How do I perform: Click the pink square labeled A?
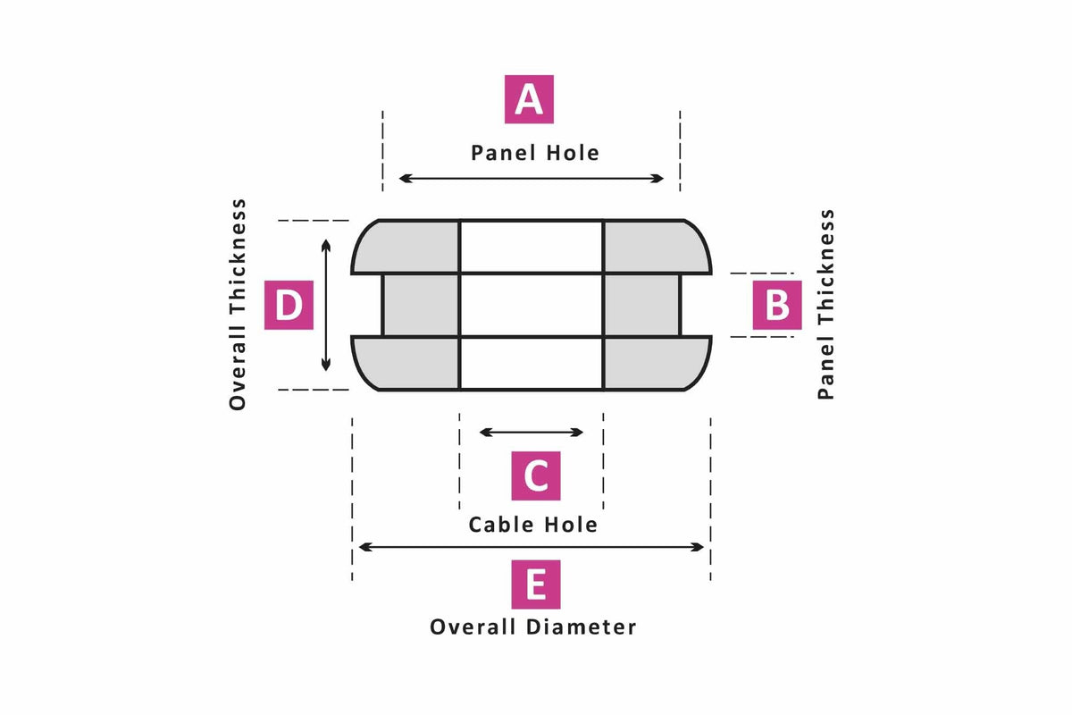tap(529, 99)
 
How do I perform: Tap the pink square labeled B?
tap(776, 305)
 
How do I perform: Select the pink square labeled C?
tap(535, 475)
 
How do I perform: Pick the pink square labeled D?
tap(289, 305)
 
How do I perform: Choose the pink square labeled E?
tap(535, 585)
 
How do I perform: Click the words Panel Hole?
tap(535, 153)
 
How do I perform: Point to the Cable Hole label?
tap(533, 525)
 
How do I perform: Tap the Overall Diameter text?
tap(533, 627)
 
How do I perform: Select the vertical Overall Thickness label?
tap(238, 305)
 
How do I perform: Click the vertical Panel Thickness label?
tap(825, 305)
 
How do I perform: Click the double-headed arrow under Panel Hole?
tap(532, 179)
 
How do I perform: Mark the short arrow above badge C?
tap(532, 433)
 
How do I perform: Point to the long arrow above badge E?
tap(532, 547)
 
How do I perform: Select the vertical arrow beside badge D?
tap(326, 305)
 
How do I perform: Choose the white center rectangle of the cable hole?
tap(532, 305)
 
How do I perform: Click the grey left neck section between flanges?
tap(421, 305)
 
